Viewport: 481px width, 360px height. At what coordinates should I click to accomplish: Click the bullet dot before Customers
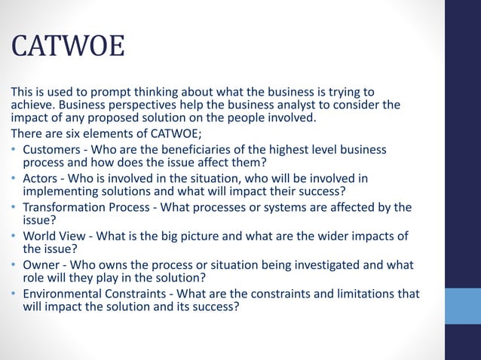point(14,150)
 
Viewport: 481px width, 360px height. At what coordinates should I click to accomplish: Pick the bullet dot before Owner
point(14,264)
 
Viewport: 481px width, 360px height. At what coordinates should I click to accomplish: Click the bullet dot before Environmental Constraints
point(14,293)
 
